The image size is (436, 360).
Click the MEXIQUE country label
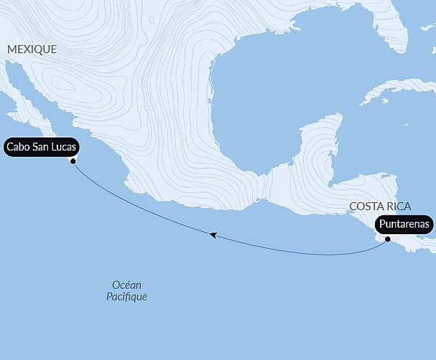coord(31,49)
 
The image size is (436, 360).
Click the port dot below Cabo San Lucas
coord(73,161)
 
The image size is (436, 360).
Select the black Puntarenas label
coord(404,225)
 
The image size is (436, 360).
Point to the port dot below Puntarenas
coord(388,239)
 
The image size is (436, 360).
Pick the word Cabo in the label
coord(18,147)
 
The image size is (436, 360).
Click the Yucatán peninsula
coord(320,142)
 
